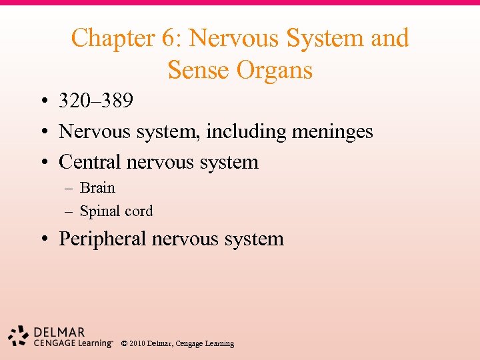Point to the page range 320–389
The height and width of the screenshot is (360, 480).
[96, 101]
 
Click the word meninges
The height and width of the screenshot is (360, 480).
[332, 132]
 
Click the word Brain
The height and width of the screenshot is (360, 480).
[97, 188]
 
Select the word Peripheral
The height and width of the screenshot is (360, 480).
[102, 239]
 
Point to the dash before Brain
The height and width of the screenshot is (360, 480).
[68, 189]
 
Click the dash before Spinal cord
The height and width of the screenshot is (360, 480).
[68, 212]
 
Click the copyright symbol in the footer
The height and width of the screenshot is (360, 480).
[125, 344]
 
